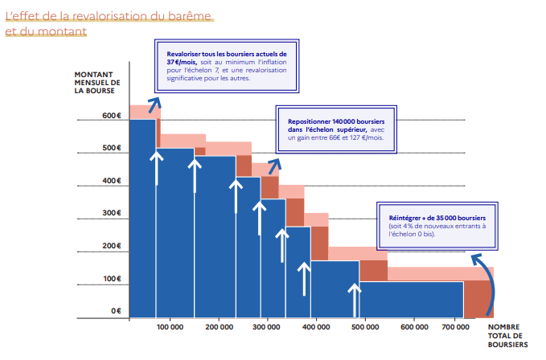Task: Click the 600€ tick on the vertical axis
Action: click(111, 116)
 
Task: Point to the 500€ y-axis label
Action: click(111, 149)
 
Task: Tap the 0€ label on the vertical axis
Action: click(115, 311)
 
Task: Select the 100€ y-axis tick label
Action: click(111, 279)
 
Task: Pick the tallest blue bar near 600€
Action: click(142, 217)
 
